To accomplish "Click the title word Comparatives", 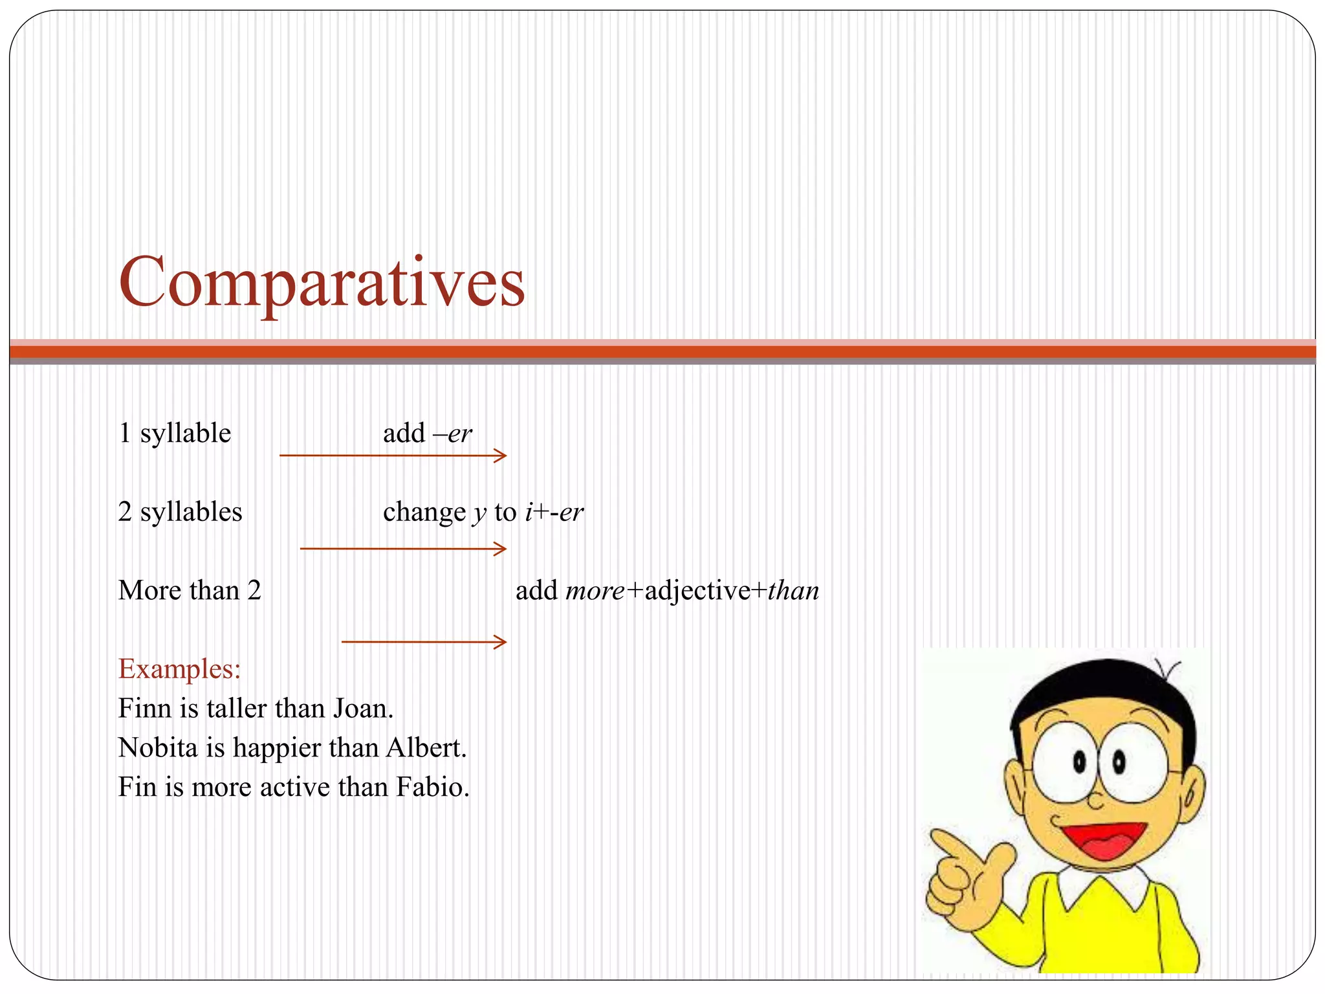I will pyautogui.click(x=322, y=282).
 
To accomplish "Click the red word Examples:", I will pyautogui.click(x=179, y=668).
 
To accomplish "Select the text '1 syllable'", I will pyautogui.click(x=175, y=433).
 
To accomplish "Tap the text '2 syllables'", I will pyautogui.click(x=180, y=512).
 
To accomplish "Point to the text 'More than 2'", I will pyautogui.click(x=190, y=590).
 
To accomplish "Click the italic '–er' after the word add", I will pyautogui.click(x=453, y=434).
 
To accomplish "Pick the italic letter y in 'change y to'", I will pyautogui.click(x=479, y=513).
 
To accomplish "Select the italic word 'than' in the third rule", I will pyautogui.click(x=793, y=591).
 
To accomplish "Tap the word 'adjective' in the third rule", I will pyautogui.click(x=697, y=591).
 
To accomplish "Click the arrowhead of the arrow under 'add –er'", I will pyautogui.click(x=501, y=456).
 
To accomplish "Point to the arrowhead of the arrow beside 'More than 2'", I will pyautogui.click(x=501, y=642).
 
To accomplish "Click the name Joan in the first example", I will pyautogui.click(x=363, y=709).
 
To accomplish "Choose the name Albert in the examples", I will pyautogui.click(x=426, y=748).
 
